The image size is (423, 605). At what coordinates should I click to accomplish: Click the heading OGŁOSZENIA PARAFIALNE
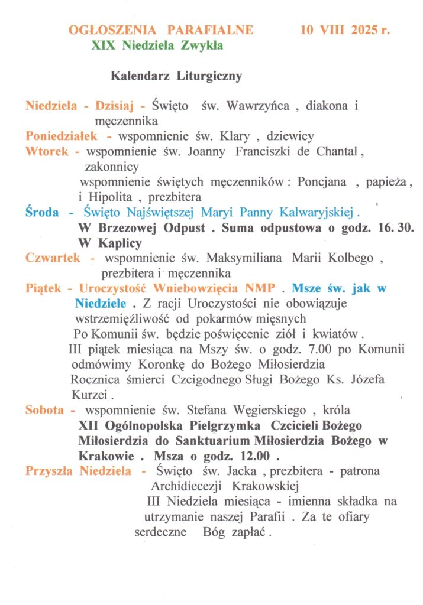pos(161,30)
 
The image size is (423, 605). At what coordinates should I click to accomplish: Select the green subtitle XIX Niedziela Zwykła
pos(157,45)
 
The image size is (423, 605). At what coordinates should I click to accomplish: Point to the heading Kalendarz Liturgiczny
pos(176,76)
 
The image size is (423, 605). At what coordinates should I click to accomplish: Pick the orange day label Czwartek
pos(53,258)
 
